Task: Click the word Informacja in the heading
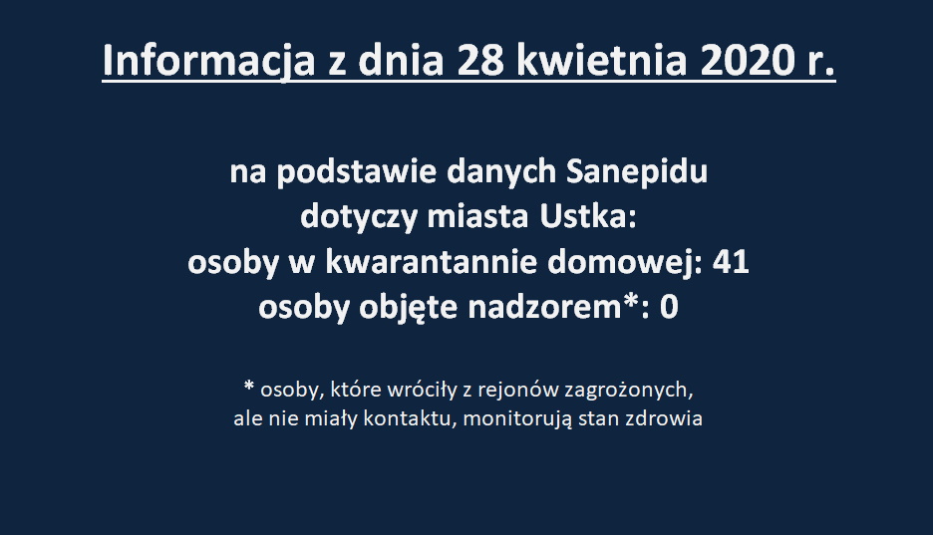pyautogui.click(x=208, y=61)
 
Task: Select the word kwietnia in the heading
pyautogui.click(x=602, y=60)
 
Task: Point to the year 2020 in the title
pyautogui.click(x=748, y=61)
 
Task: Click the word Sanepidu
pyautogui.click(x=637, y=172)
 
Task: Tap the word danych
pyautogui.click(x=501, y=172)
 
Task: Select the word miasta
pyautogui.click(x=477, y=216)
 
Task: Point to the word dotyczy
pyautogui.click(x=359, y=217)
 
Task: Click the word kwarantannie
pyautogui.click(x=431, y=262)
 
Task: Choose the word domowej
pyautogui.click(x=625, y=263)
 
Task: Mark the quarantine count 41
pyautogui.click(x=731, y=262)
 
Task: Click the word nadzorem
pyautogui.click(x=544, y=307)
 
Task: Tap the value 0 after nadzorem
pyautogui.click(x=669, y=307)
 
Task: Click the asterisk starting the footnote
pyautogui.click(x=249, y=387)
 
